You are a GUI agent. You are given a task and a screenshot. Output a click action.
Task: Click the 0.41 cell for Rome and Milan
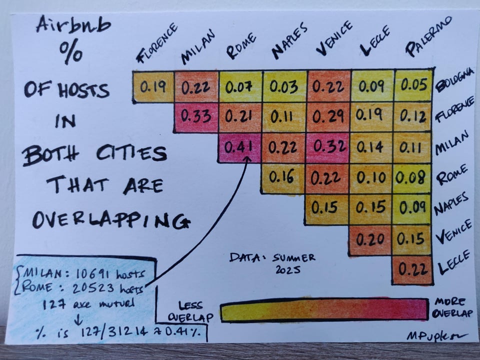coord(239,147)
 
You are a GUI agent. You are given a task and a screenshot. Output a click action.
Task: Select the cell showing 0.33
coord(195,117)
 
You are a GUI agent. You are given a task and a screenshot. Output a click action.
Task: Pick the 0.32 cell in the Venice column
coord(327,147)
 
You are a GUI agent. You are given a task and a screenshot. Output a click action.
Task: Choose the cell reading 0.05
coord(413,85)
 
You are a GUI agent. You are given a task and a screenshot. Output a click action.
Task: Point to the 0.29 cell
coord(327,117)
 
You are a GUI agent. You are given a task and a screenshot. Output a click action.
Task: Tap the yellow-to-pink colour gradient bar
coord(323,310)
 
